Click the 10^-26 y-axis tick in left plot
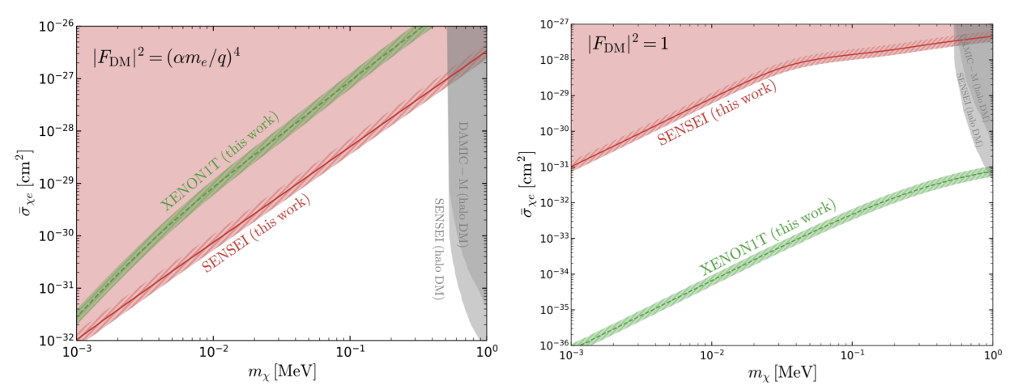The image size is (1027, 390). click(55, 27)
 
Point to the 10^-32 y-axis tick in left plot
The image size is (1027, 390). click(55, 339)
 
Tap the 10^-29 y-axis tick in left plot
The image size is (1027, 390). click(55, 183)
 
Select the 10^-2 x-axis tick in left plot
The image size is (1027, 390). click(213, 354)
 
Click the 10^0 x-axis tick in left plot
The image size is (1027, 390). click(485, 354)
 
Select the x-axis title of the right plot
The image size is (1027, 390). click(782, 375)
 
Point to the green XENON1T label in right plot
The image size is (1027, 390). click(767, 236)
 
